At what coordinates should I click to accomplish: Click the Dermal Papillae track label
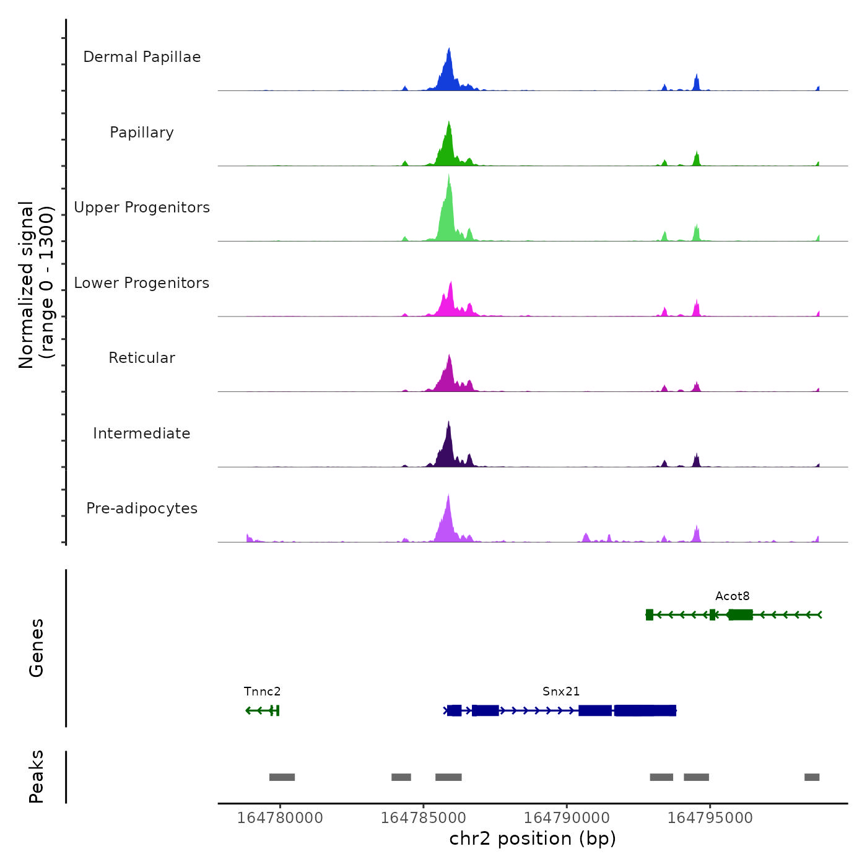[142, 57]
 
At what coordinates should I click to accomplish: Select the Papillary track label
[142, 133]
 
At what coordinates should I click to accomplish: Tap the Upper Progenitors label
[142, 207]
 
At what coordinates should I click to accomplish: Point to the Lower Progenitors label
[142, 283]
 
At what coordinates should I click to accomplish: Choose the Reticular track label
[142, 358]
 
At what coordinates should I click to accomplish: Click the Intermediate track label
[142, 434]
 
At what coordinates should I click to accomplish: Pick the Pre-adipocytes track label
[142, 508]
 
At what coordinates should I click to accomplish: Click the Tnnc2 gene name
[262, 692]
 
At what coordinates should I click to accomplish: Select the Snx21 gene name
[561, 692]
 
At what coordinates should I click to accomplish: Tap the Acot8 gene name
[732, 596]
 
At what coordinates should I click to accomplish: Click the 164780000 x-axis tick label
[280, 818]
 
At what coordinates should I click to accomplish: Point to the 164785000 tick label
[424, 818]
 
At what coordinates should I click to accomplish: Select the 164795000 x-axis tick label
[710, 818]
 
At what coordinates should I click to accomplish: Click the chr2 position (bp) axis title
[533, 839]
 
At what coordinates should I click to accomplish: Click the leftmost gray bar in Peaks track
[282, 777]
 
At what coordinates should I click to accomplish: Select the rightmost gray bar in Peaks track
[812, 777]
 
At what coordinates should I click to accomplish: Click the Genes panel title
[37, 648]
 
